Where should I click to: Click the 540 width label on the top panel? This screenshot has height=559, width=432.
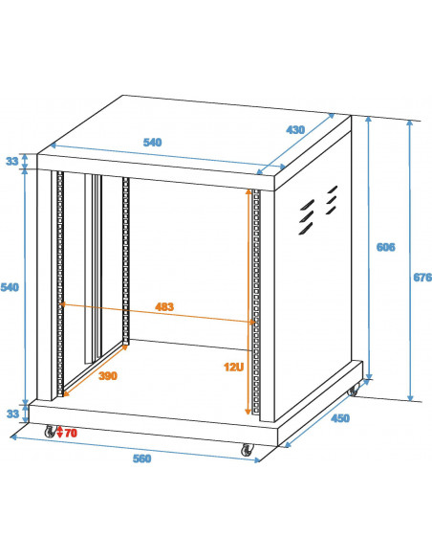152,143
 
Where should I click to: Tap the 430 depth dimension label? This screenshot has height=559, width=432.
295,130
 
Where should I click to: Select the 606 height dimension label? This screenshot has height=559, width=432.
386,247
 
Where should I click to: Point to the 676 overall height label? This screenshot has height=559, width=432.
422,277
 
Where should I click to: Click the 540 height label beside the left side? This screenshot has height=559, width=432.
10,287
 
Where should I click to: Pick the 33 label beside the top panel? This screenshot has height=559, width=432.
12,161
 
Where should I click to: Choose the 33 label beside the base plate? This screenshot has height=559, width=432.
12,414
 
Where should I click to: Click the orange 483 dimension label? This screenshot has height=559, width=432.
164,306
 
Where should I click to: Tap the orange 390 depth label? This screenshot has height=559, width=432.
108,376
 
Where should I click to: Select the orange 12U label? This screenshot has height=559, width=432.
234,367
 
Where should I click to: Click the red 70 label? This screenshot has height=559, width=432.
71,433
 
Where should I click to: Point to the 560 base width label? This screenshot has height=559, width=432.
142,458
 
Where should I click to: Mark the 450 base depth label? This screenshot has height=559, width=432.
340,418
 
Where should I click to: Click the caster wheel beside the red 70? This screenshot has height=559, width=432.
50,431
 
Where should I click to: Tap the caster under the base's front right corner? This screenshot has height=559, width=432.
247,450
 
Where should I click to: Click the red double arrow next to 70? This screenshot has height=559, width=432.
60,432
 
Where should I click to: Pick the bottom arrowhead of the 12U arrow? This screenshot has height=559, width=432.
248,412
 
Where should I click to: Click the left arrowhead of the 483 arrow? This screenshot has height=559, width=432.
62,304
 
